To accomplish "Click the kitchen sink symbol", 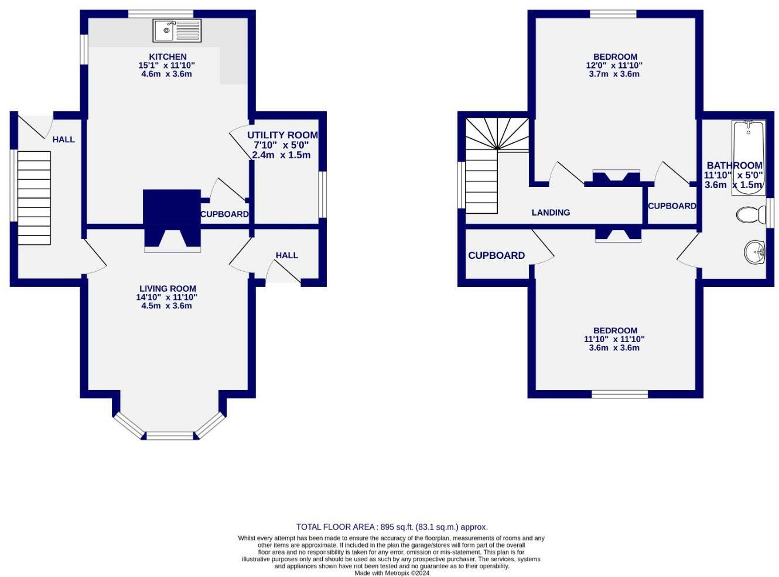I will click(177, 30).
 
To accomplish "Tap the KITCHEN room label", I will click(168, 57).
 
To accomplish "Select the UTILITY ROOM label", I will click(282, 135).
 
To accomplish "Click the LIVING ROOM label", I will click(168, 288).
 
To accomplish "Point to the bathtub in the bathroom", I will click(748, 157).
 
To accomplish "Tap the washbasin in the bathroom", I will click(754, 252).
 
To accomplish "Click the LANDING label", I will click(551, 213).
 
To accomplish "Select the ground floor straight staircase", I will click(34, 198).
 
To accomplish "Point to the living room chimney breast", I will click(172, 218).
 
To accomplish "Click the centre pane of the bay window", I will click(170, 435).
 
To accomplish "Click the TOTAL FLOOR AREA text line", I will click(391, 527).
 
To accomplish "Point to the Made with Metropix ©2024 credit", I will click(391, 573).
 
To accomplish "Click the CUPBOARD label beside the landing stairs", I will click(496, 255).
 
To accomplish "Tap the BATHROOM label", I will click(734, 166).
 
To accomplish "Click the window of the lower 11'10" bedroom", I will click(620, 394).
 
